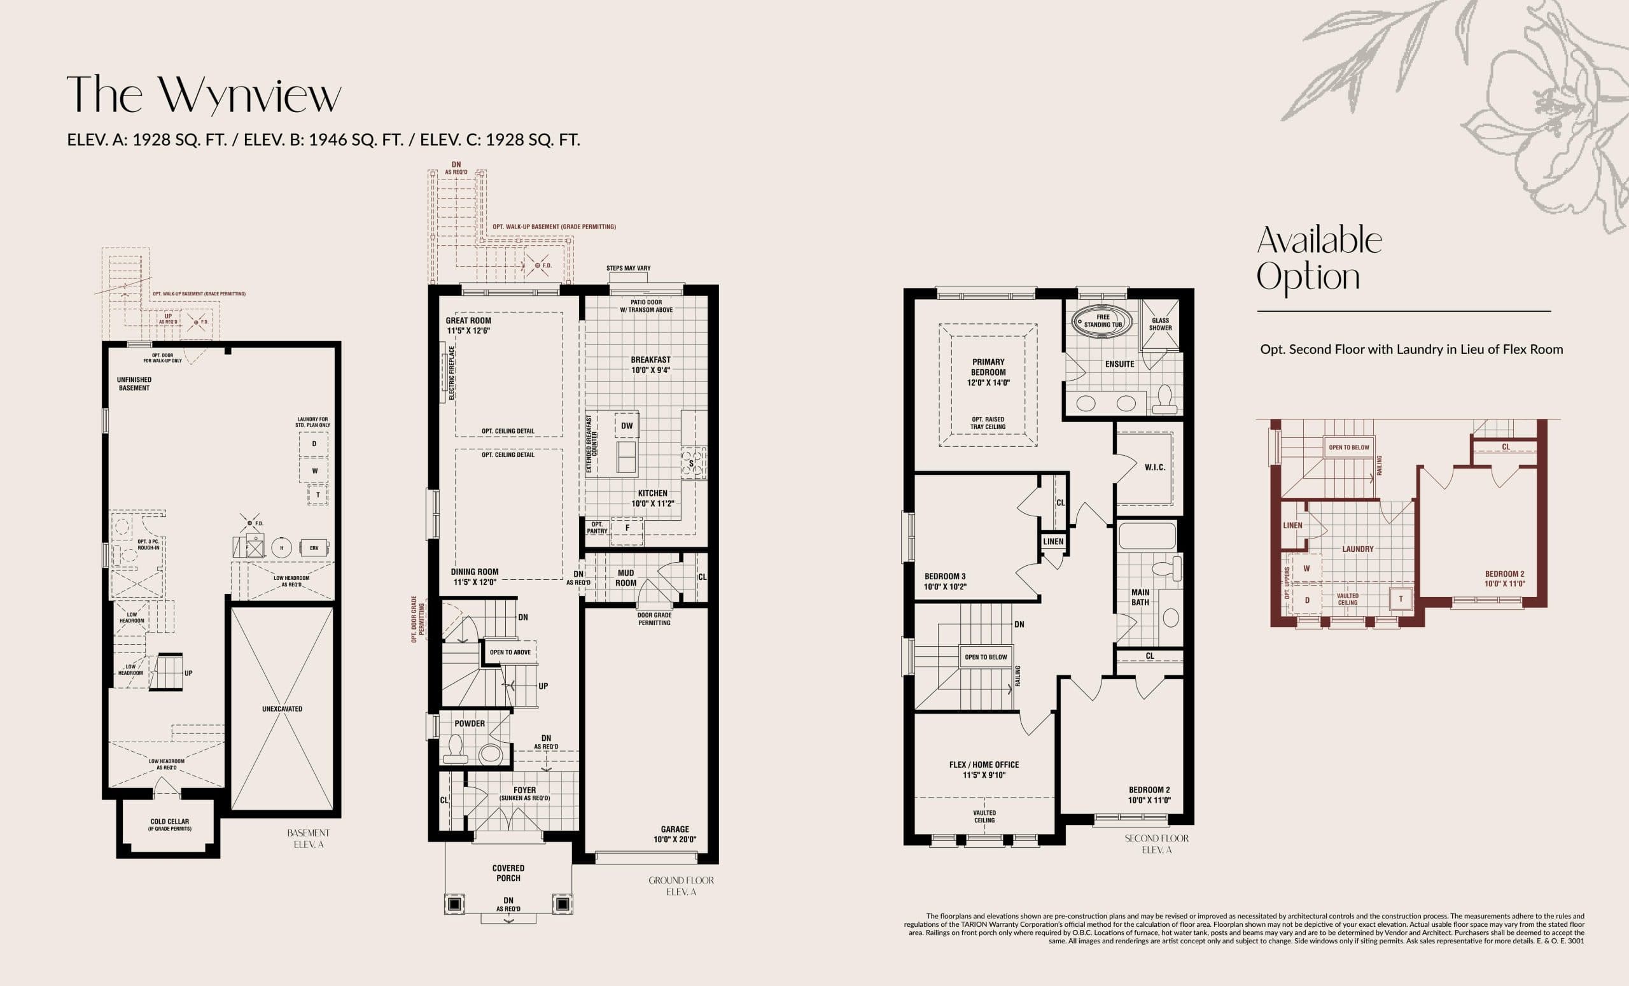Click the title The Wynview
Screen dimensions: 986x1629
coord(204,96)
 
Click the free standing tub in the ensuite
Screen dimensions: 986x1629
coord(1101,321)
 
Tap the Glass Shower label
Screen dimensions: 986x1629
coord(1160,324)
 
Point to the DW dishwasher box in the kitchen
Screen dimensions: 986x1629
coord(627,426)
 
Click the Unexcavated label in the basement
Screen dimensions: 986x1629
coord(283,709)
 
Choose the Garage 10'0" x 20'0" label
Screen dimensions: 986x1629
coord(675,834)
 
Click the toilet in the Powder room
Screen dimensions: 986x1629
coord(455,749)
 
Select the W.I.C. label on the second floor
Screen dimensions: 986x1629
coord(1154,467)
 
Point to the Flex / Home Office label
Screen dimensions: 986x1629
coord(984,770)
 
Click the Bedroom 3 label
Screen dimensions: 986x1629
coord(945,581)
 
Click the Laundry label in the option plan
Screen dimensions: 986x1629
coord(1357,549)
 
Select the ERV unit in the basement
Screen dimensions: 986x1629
coord(314,547)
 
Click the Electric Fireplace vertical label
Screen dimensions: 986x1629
coord(452,373)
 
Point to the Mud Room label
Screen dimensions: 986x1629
coord(626,578)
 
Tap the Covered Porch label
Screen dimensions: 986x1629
coord(508,873)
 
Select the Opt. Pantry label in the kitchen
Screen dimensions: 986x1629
coord(596,528)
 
